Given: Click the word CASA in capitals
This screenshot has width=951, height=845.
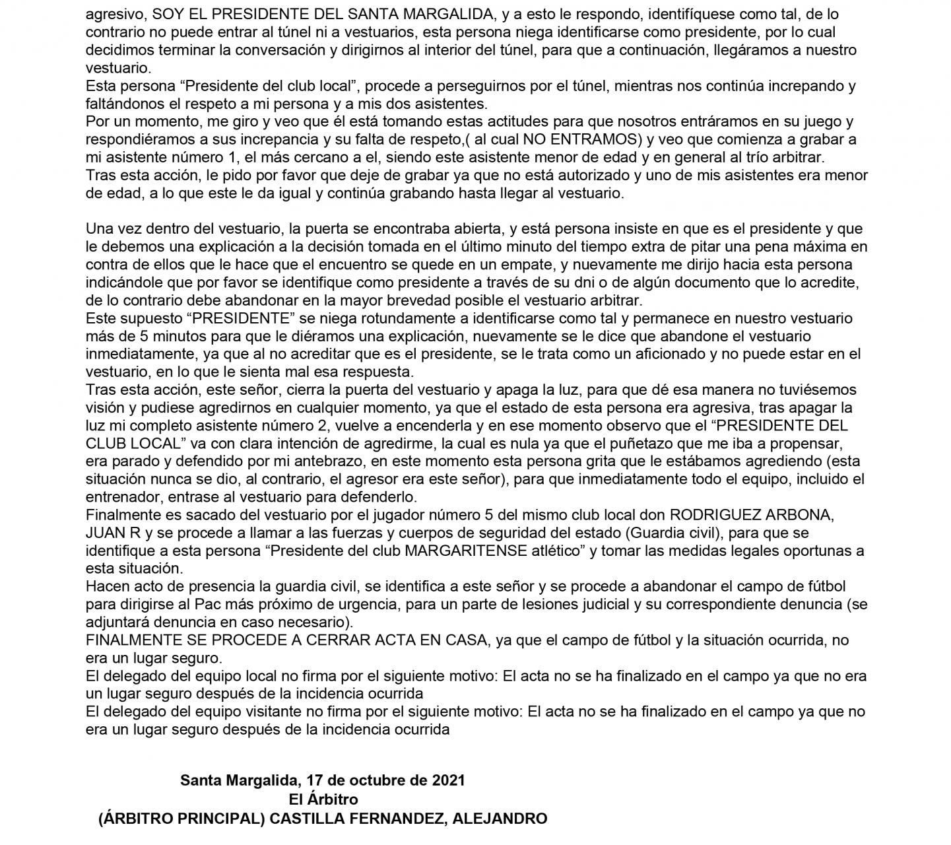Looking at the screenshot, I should (x=456, y=640).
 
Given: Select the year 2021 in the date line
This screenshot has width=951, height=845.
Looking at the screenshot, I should (x=448, y=780).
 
